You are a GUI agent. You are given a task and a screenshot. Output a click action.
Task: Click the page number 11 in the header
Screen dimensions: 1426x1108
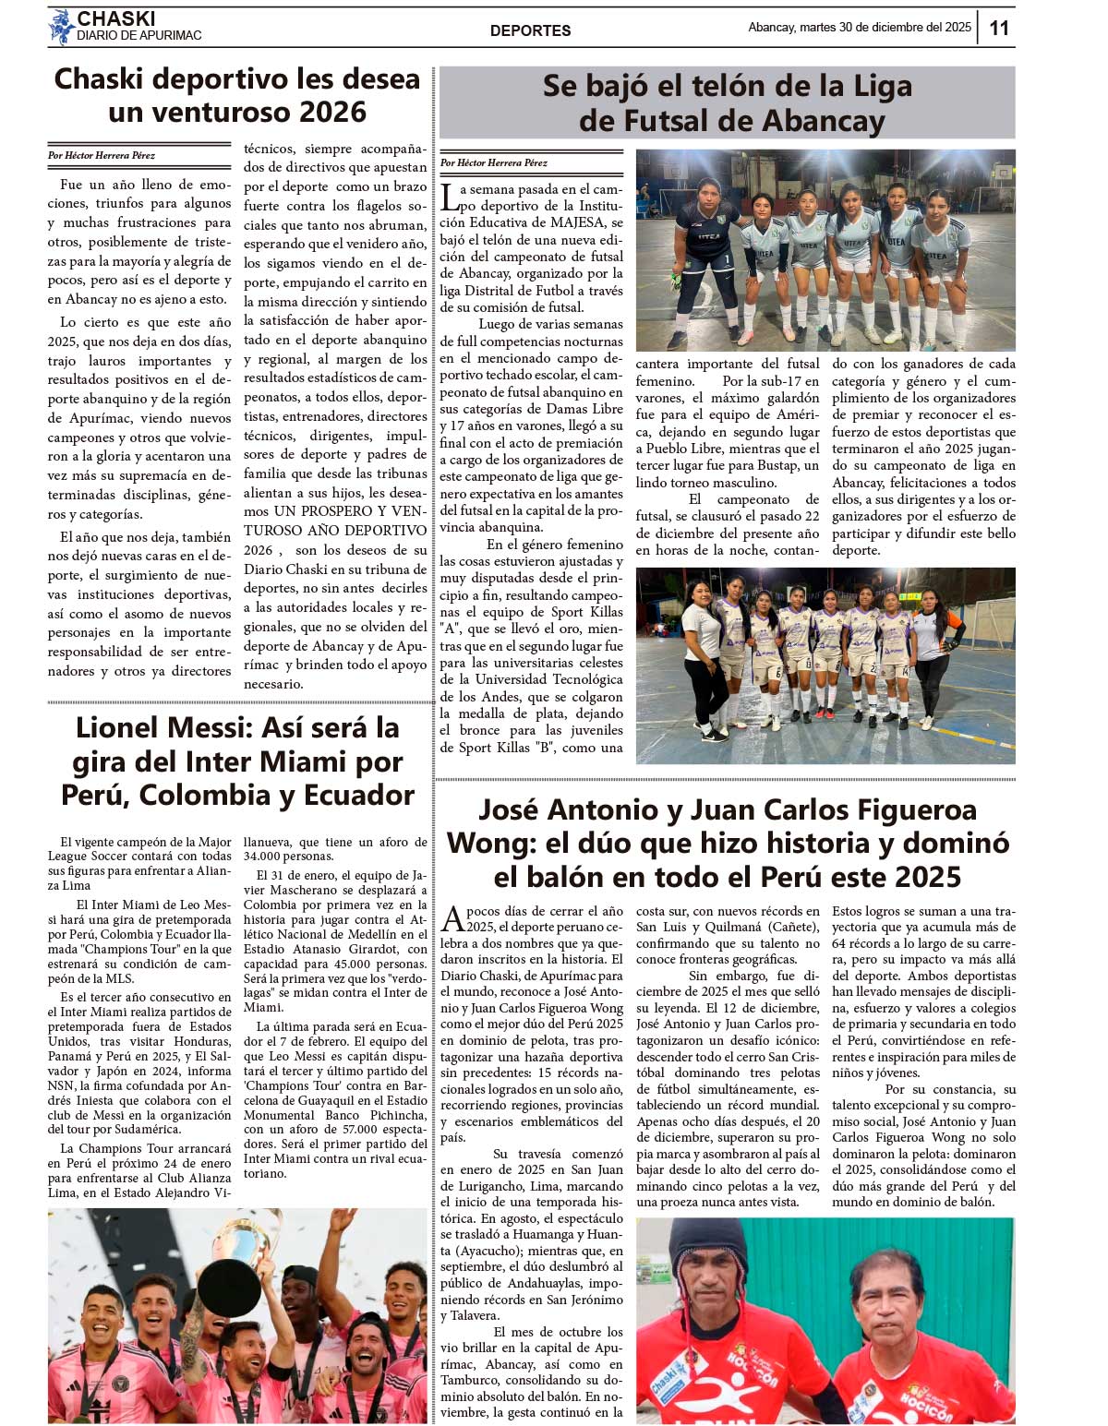pos(999,28)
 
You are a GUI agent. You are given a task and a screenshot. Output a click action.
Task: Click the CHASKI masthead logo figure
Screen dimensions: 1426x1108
pos(61,28)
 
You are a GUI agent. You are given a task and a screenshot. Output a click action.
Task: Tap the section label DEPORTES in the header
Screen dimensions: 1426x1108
pos(530,30)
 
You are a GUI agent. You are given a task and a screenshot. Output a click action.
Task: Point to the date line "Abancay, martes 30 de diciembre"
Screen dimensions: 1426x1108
pos(859,28)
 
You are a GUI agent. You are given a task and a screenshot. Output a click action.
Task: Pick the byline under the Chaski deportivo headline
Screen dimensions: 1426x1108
pos(102,156)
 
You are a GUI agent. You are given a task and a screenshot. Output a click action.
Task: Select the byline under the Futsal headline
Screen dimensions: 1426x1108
pos(494,163)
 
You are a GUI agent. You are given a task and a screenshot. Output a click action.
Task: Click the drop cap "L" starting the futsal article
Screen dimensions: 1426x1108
pos(449,197)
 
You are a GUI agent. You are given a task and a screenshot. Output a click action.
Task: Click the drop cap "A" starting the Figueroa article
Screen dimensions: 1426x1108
pos(452,919)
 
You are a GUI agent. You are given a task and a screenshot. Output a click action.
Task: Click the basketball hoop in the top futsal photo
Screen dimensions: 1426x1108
pos(1004,174)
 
